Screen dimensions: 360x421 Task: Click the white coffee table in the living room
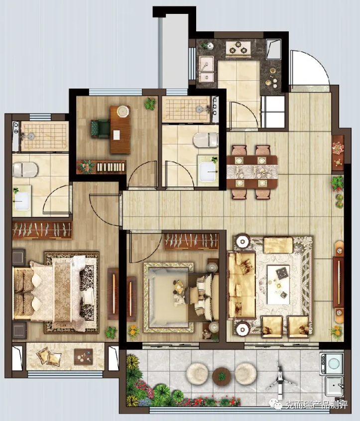pos(278,284)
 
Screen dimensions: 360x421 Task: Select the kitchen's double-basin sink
pos(206,69)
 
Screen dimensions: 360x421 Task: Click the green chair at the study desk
pos(100,128)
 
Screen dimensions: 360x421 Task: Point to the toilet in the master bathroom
pos(25,170)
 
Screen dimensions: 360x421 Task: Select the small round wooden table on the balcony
pos(222,376)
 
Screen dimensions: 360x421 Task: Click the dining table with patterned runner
pos(252,172)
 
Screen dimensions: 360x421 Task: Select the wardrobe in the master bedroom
pos(42,230)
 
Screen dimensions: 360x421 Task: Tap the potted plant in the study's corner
pos(150,104)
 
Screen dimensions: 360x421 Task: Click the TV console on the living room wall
pos(339,282)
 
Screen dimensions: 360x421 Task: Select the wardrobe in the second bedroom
pos(192,240)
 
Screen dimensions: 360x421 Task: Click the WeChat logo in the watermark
pos(276,404)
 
